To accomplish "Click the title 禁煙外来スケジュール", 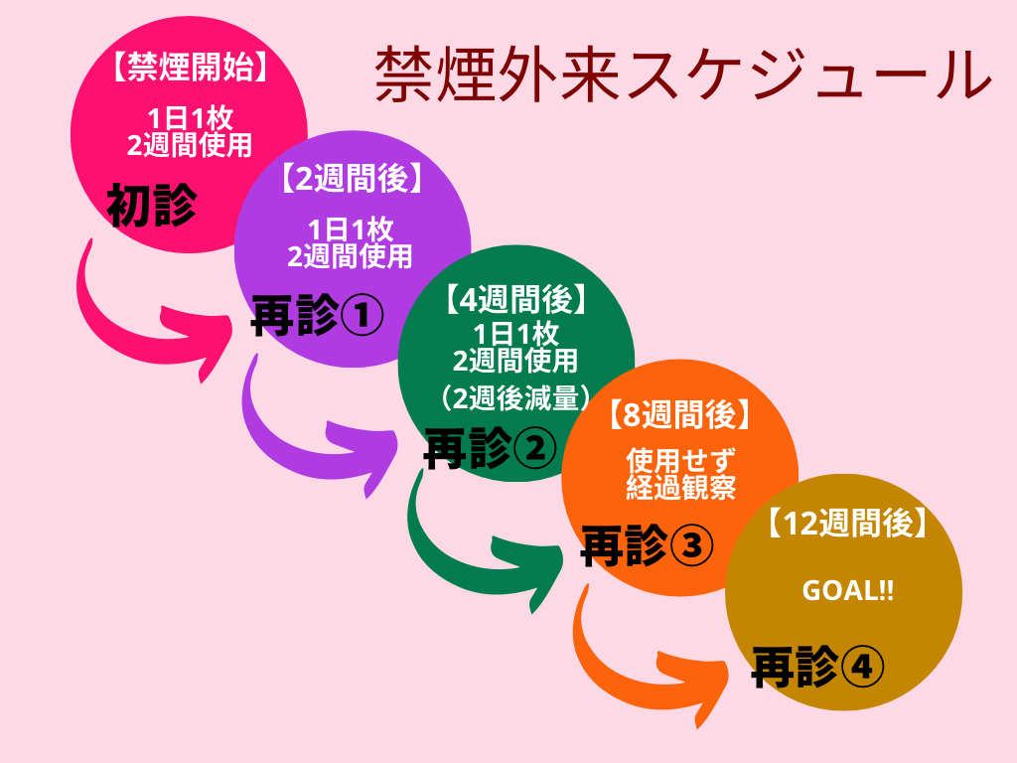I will tap(683, 76).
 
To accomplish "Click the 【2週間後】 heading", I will tap(351, 179).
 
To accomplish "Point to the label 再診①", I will tap(317, 316).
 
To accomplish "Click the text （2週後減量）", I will tap(515, 397).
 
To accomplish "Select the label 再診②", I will tap(490, 449).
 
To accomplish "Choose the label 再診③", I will tap(647, 544).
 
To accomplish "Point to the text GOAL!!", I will tap(847, 590).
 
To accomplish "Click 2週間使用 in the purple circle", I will tap(350, 256).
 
